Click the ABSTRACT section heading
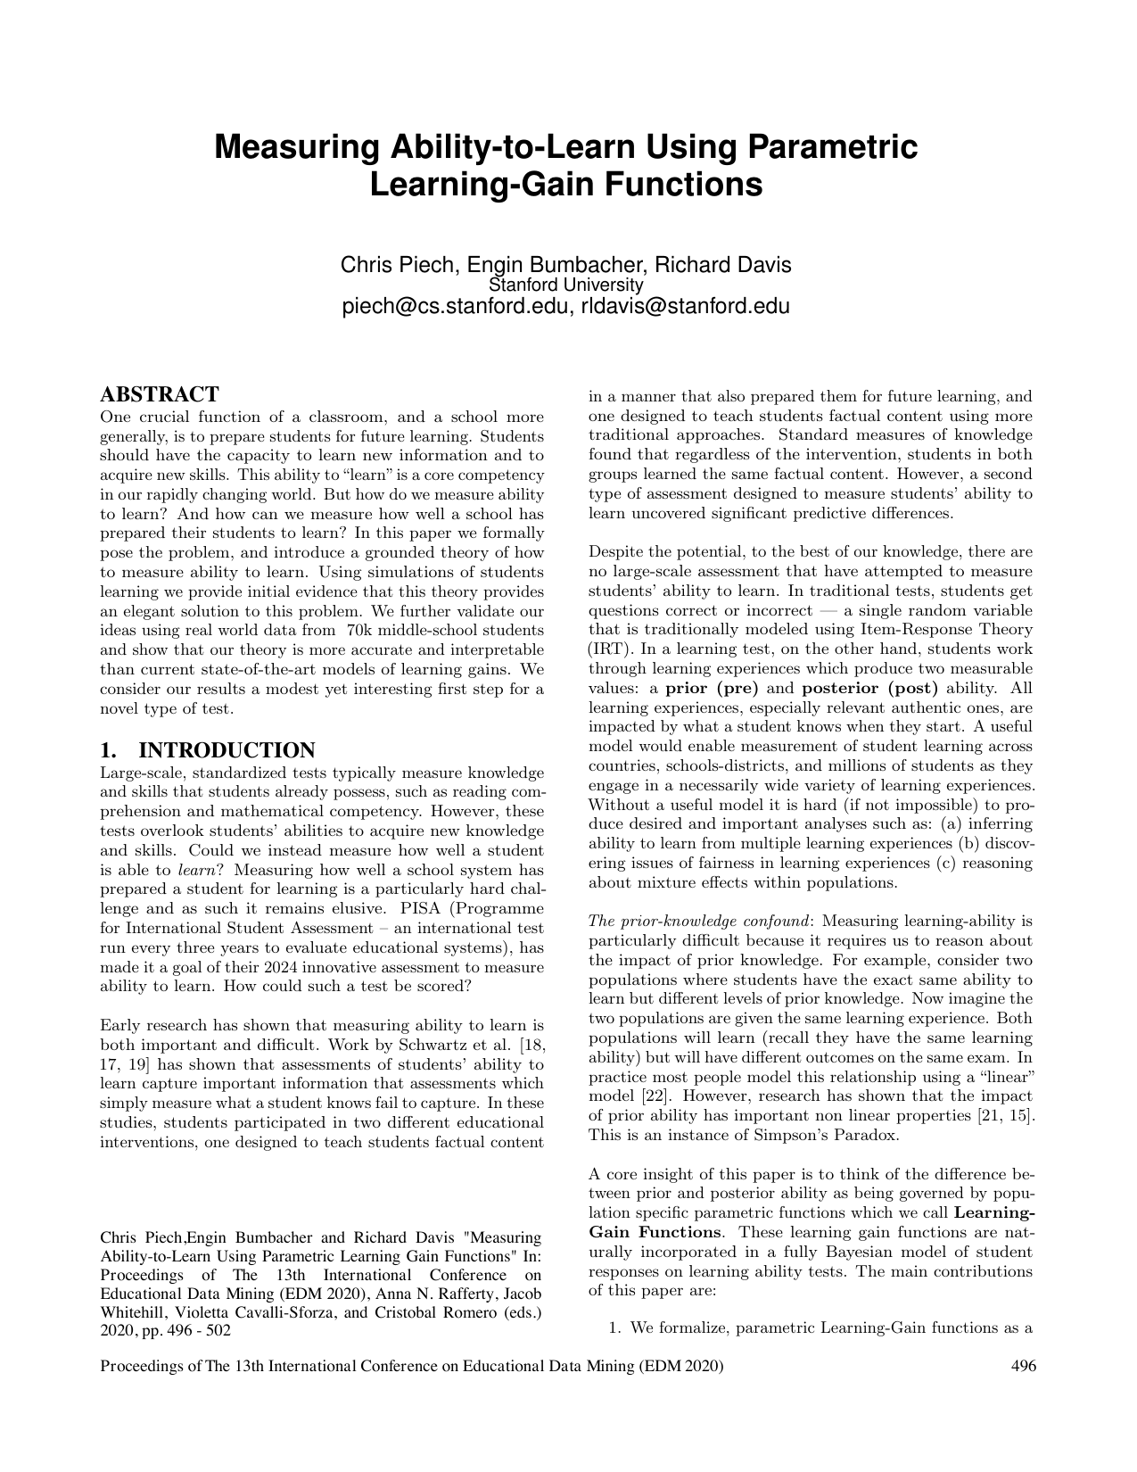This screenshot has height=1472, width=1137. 160,394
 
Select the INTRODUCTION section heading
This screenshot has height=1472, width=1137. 227,750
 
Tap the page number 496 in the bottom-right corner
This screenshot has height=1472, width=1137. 1023,1366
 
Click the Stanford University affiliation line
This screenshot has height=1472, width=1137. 566,285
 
